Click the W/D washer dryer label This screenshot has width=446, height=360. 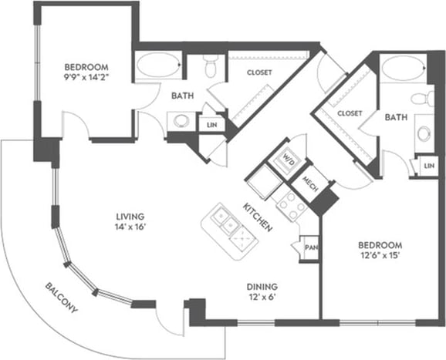click(287, 161)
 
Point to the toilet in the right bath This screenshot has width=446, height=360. click(420, 99)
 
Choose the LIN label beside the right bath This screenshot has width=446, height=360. click(427, 165)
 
